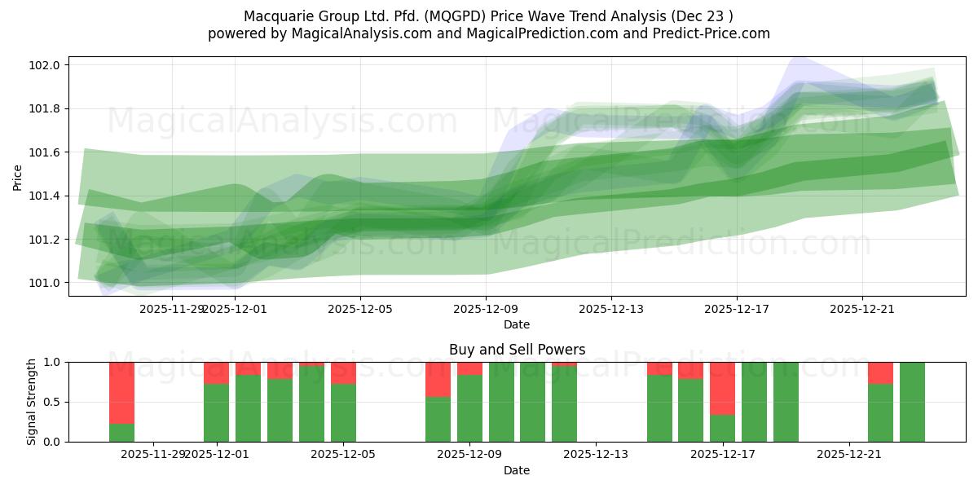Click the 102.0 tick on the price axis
pos(46,65)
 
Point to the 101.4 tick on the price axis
pos(46,196)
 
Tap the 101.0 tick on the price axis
pos(46,283)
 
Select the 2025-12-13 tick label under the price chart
pos(611,309)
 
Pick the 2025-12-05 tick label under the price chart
pos(360,309)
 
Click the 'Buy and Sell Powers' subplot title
pos(517,350)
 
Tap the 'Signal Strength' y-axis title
pos(33,402)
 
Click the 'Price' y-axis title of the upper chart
pos(18,176)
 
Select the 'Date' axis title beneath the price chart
pos(517,324)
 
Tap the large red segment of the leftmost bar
pos(121,392)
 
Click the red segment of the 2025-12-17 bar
pos(722,388)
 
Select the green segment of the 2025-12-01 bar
pos(216,412)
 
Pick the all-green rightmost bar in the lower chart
pos(912,402)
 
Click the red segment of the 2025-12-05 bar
pos(343,372)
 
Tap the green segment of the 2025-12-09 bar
pos(469,408)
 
